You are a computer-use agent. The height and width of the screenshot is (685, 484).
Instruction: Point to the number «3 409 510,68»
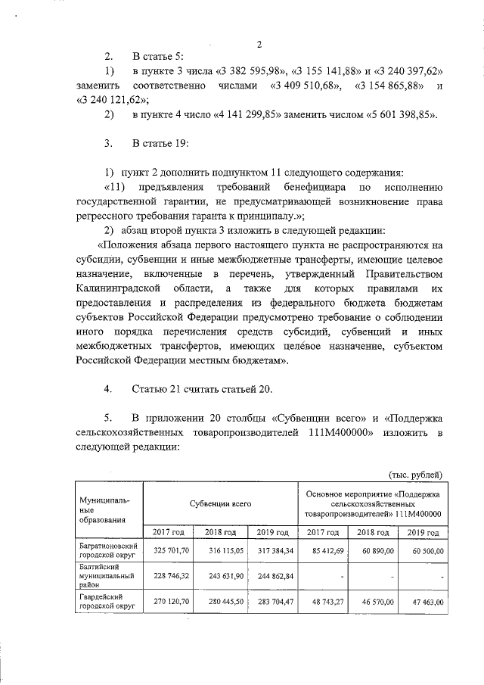(307, 86)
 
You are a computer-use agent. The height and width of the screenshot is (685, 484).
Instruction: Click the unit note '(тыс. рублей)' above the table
(416, 475)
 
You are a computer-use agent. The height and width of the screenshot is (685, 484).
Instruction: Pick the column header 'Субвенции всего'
(220, 502)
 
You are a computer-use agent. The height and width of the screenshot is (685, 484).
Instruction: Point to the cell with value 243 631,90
(221, 576)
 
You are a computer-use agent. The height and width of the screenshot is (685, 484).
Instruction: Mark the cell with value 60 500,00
(423, 549)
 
